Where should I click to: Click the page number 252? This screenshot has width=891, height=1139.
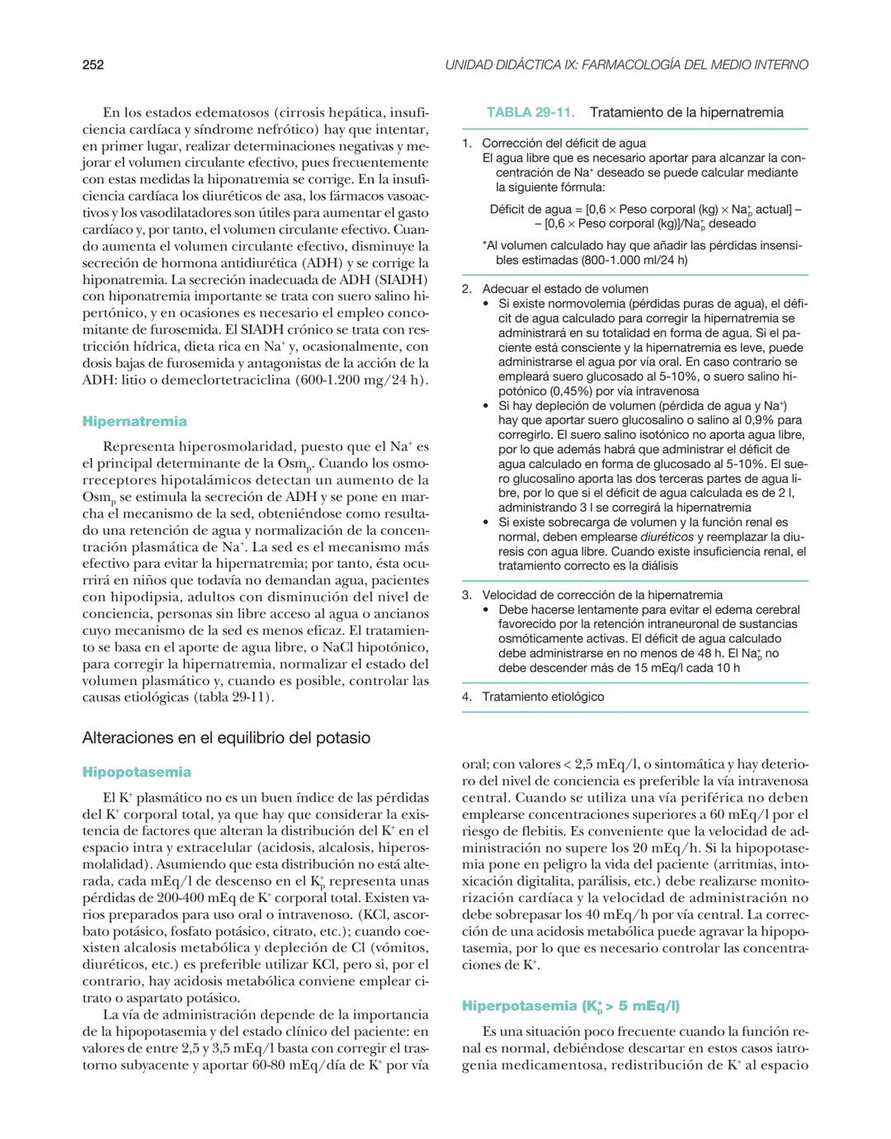[x=93, y=64]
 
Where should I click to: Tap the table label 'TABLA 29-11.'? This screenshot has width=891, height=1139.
[x=530, y=112]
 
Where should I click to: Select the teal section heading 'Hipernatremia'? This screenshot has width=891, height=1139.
[x=134, y=422]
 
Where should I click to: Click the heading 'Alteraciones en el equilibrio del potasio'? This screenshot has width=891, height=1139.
[x=226, y=738]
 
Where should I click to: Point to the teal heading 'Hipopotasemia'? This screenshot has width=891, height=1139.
[x=136, y=773]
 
